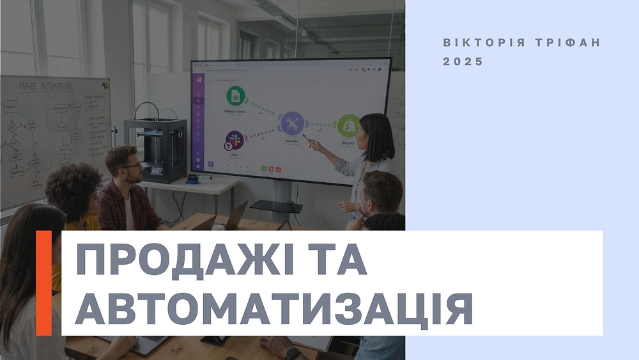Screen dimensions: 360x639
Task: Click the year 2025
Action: pyautogui.click(x=463, y=62)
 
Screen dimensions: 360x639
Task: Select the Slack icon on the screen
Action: pyautogui.click(x=234, y=140)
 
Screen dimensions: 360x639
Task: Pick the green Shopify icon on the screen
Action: pyautogui.click(x=348, y=125)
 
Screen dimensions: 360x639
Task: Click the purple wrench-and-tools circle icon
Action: pyautogui.click(x=293, y=122)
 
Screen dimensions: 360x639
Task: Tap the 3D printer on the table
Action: pyautogui.click(x=155, y=150)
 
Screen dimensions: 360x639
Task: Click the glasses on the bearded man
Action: pyautogui.click(x=132, y=165)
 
